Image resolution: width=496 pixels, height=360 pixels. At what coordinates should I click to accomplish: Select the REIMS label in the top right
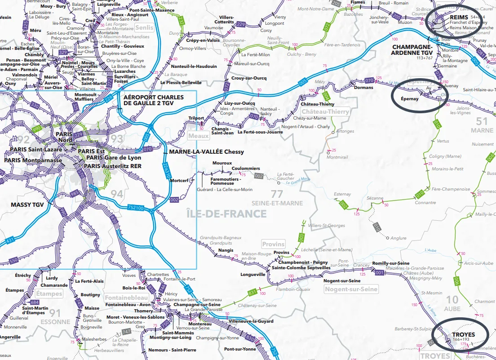tap(459, 17)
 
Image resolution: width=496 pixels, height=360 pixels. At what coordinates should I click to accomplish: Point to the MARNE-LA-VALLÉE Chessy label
tap(206, 152)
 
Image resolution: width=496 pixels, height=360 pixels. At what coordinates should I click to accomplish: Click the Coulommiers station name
tap(246, 169)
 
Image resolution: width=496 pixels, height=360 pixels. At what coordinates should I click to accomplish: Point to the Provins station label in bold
tap(281, 253)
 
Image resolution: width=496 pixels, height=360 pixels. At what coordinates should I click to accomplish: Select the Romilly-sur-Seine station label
tap(390, 263)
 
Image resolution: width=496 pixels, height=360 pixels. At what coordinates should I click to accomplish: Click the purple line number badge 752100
tap(136, 208)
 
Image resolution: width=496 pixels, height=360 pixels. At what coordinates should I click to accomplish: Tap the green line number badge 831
tap(252, 293)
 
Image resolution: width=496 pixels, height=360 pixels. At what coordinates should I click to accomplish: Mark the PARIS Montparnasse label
tap(33, 160)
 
